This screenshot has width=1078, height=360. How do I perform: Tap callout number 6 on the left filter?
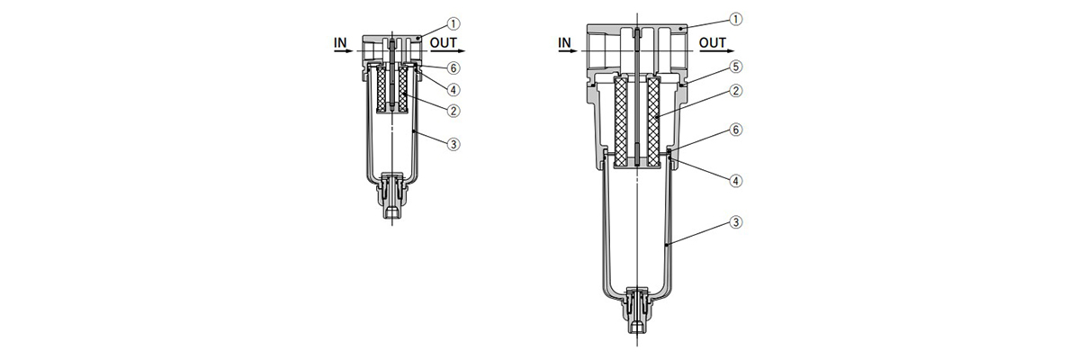point(455,68)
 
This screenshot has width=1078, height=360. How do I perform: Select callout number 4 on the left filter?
point(455,89)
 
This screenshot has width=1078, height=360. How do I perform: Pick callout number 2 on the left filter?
point(455,111)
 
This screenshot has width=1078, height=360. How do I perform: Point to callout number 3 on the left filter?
point(455,144)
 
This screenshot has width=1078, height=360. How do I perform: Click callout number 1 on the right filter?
point(736,18)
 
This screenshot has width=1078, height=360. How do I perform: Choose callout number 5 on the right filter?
point(736,66)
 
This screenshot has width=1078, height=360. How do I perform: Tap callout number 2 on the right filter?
point(736,90)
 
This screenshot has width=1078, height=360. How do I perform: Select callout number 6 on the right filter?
point(736,130)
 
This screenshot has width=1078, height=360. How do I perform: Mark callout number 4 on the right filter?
point(736,180)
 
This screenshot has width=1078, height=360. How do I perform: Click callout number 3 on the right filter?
point(736,222)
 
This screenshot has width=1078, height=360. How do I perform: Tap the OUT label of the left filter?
point(443,41)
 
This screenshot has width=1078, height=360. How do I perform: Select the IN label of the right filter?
point(565,41)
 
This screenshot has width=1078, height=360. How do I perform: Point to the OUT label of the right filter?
point(713,41)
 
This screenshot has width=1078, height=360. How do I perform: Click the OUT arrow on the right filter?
point(716,52)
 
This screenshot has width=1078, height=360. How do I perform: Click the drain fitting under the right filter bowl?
point(636,310)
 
